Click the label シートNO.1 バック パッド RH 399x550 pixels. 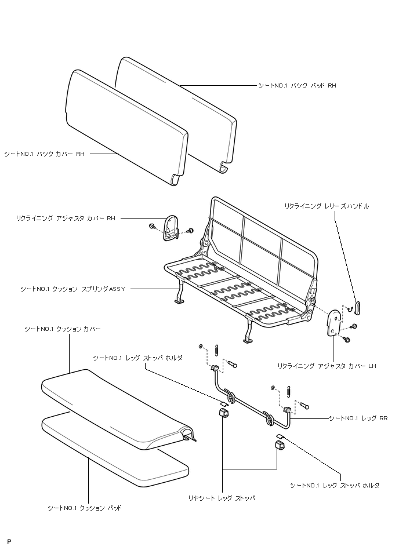click(297, 86)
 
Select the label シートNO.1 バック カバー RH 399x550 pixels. click(45, 154)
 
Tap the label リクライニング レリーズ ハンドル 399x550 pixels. click(327, 206)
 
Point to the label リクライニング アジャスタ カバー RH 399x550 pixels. click(66, 218)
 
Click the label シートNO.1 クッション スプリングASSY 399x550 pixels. click(72, 288)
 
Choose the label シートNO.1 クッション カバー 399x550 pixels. click(63, 329)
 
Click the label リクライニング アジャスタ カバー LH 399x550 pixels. click(327, 366)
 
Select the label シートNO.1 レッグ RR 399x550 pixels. click(358, 417)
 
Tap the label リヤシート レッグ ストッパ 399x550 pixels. click(222, 497)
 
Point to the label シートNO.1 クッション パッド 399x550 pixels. click(85, 508)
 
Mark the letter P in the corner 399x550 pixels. click(9, 541)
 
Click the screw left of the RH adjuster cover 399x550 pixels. click(152, 225)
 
